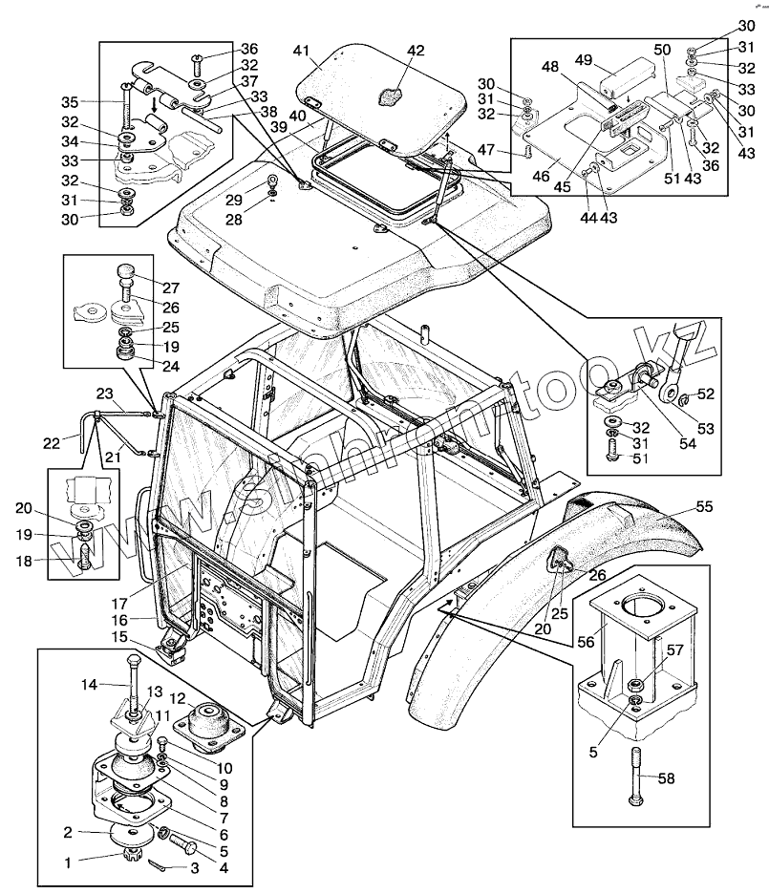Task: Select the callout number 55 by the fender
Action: coord(705,506)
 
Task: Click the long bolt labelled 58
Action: coord(637,776)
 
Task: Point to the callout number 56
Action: coord(586,642)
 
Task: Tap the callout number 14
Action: coord(89,684)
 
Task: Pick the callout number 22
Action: coord(52,442)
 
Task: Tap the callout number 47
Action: coord(485,149)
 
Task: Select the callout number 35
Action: coord(70,102)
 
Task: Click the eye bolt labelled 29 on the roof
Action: coord(272,181)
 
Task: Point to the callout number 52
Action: coord(706,394)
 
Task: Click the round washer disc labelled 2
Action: coord(132,835)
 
